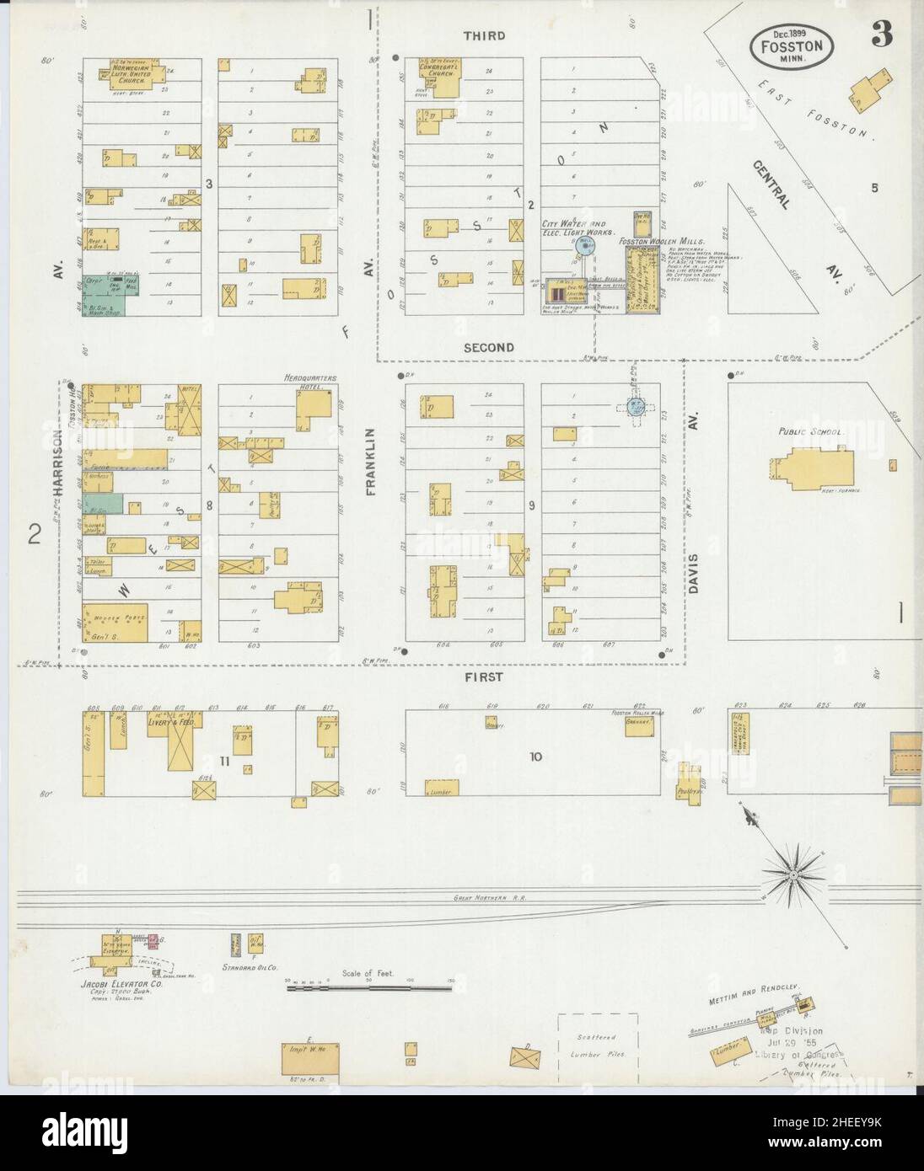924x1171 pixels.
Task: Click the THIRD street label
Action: point(485,35)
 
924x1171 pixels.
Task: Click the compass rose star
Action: point(792,877)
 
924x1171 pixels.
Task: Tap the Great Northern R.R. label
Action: point(490,899)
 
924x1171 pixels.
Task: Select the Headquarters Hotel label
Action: point(309,382)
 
